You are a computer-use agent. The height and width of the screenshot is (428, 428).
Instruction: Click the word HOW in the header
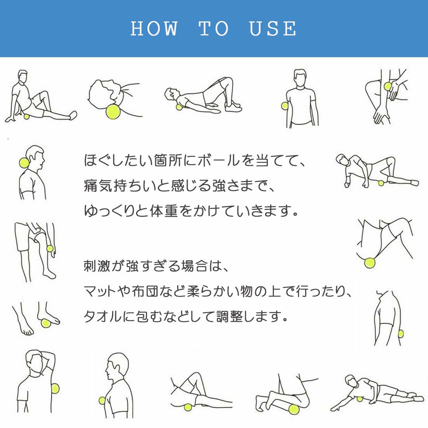[x=154, y=29]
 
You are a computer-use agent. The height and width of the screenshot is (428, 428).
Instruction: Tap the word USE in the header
[x=273, y=29]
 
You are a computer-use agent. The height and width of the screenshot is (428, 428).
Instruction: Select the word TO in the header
[x=214, y=29]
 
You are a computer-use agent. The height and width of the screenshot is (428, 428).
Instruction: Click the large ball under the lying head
[x=113, y=112]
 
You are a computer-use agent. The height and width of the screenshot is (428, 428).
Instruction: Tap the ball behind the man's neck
[x=24, y=163]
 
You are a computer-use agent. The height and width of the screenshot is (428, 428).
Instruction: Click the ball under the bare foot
[x=46, y=323]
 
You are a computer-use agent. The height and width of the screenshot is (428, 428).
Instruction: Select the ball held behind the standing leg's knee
[x=50, y=249]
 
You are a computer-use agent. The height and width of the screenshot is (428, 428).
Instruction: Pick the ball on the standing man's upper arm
[x=284, y=106]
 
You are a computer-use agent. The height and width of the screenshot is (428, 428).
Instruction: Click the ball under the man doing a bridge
[x=179, y=107]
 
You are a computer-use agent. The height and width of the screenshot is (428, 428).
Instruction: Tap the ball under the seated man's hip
[x=26, y=117]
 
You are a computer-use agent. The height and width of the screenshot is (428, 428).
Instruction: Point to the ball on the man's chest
[x=102, y=400]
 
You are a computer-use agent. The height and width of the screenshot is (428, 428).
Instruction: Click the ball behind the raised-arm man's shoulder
[x=55, y=388]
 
